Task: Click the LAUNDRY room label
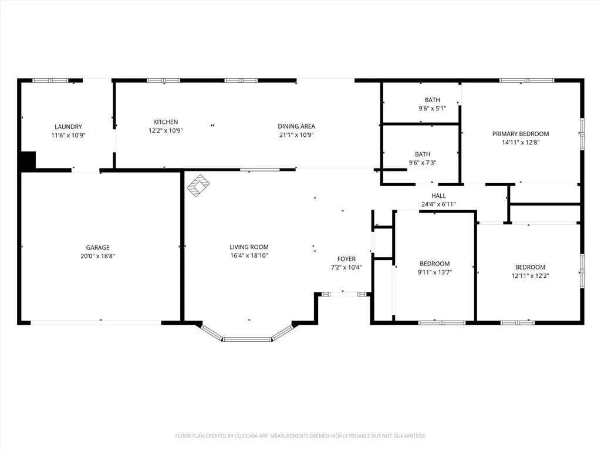(x=68, y=127)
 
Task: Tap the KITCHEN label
(x=166, y=122)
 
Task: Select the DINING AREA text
(x=296, y=126)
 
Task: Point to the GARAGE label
(x=98, y=248)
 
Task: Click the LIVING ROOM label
(x=249, y=247)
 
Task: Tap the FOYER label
(x=346, y=259)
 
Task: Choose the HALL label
(x=438, y=196)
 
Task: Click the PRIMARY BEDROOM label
(x=521, y=134)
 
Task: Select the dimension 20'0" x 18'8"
(x=98, y=256)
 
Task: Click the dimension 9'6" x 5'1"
(x=433, y=109)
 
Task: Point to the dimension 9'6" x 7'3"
(x=423, y=163)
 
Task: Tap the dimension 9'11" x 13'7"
(x=435, y=272)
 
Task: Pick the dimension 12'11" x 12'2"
(x=530, y=276)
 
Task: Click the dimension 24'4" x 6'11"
(x=438, y=204)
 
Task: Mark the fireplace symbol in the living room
(x=198, y=186)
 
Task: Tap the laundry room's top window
(x=50, y=80)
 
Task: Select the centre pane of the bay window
(x=247, y=339)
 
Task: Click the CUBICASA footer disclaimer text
(x=300, y=436)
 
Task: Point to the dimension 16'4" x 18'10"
(x=249, y=256)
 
